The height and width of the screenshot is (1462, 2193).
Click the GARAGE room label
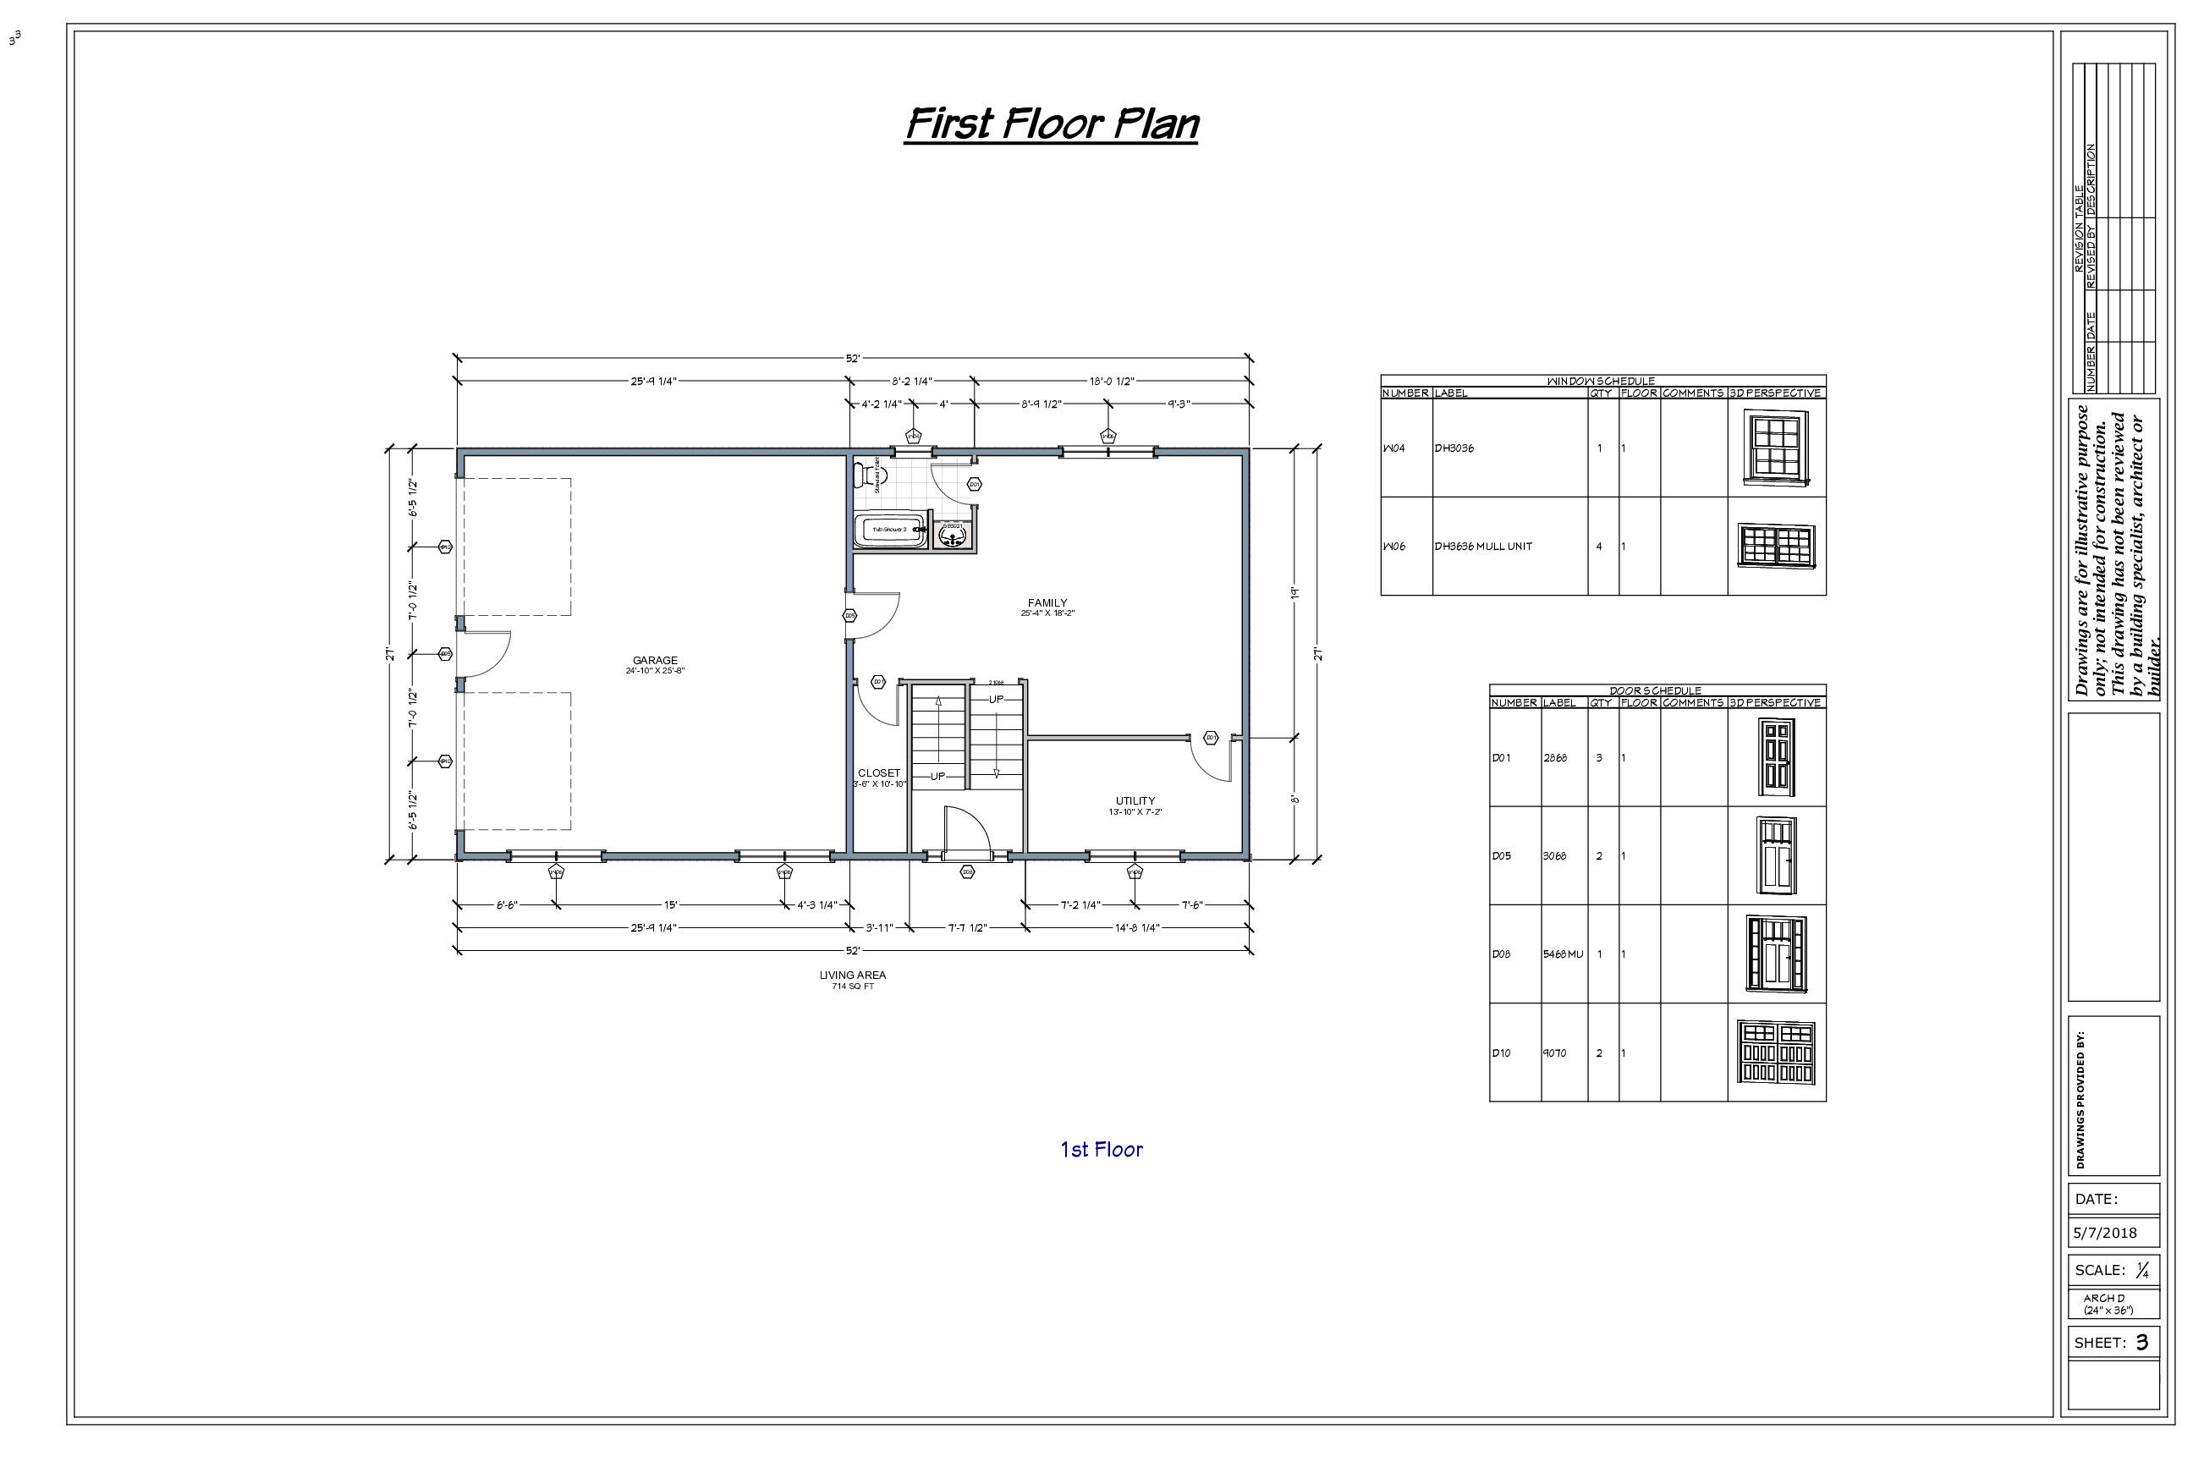pos(655,660)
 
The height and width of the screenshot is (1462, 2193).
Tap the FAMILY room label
pos(1047,603)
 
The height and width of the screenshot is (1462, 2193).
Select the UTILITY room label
pos(1135,801)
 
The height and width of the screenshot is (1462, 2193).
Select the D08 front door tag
pos(967,871)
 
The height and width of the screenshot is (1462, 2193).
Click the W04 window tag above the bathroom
pos(914,436)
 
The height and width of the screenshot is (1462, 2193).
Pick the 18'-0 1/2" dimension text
pos(1112,382)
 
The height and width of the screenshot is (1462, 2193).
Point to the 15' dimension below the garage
pos(669,904)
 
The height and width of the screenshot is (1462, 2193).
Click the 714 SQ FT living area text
pos(852,987)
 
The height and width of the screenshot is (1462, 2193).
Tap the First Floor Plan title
pos(1052,124)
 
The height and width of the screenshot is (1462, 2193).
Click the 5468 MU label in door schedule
pos(1563,954)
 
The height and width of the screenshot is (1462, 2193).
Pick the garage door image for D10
pos(1776,1052)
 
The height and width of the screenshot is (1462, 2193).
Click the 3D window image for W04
pos(1775,448)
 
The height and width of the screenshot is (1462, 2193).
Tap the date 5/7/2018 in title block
pos(2104,1233)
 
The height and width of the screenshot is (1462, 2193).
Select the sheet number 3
pos(2141,1343)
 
